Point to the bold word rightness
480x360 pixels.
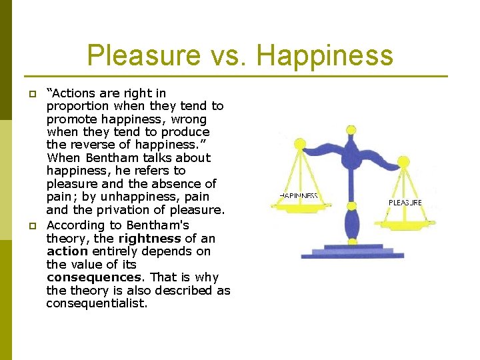(x=150, y=238)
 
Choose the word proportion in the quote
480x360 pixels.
(x=77, y=106)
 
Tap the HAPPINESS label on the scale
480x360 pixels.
(x=299, y=196)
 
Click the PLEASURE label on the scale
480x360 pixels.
(x=405, y=202)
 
